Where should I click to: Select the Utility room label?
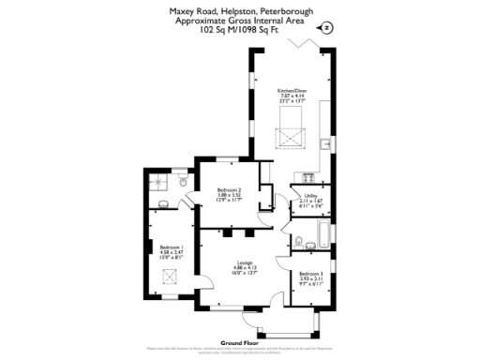(x=310, y=194)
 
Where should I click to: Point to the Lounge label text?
(x=243, y=262)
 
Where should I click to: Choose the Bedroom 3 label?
(x=310, y=273)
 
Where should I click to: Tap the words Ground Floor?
(x=239, y=343)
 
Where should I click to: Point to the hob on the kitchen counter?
(x=308, y=175)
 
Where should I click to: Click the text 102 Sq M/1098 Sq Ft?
(x=239, y=29)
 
